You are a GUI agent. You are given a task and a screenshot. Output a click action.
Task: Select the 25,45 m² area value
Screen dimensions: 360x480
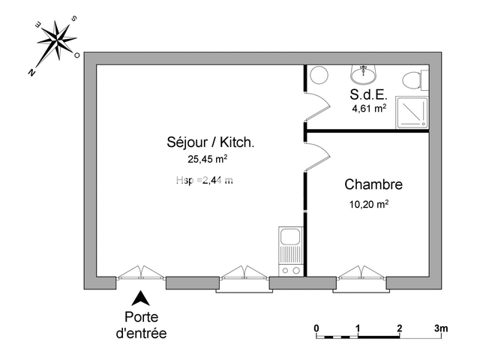pos(208,159)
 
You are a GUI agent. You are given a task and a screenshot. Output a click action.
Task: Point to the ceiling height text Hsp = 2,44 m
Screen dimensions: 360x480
pos(204,180)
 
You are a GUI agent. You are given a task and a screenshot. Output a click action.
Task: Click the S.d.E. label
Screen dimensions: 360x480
pos(368,95)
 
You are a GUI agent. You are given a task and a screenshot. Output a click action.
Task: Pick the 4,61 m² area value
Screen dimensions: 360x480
pos(369,109)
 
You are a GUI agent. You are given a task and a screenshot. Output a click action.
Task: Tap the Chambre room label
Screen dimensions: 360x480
pos(373,184)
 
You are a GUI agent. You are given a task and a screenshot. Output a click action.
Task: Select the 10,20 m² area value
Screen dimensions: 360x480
pos(368,203)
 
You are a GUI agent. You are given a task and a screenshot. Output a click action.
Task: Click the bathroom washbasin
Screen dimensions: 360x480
pos(365,73)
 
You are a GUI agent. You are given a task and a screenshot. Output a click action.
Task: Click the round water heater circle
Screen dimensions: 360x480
pos(319,75)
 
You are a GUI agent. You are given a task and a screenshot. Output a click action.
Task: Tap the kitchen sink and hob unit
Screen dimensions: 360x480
pos(289,251)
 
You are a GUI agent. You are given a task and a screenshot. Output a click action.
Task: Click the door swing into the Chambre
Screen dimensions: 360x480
pos(317,157)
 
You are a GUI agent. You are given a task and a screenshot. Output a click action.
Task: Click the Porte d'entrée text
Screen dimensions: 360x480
pos(142,324)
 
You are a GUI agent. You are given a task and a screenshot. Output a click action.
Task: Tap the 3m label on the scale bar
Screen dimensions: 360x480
pos(440,328)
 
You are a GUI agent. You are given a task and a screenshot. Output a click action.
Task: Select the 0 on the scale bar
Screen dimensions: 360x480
pos(317,328)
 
